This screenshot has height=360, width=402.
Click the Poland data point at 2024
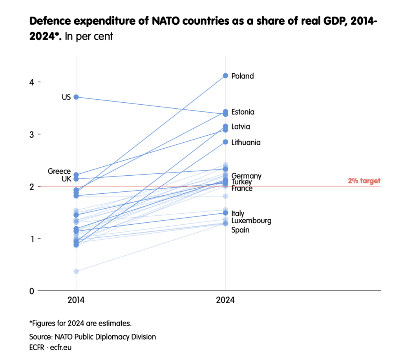pyautogui.click(x=225, y=76)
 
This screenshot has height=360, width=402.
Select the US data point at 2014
pyautogui.click(x=76, y=97)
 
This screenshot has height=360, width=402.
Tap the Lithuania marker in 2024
pyautogui.click(x=225, y=142)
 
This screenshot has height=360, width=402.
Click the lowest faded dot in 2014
pyautogui.click(x=76, y=271)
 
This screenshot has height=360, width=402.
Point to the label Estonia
pyautogui.click(x=243, y=112)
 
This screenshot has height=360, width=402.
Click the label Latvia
pyautogui.click(x=241, y=127)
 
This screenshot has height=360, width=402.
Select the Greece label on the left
pyautogui.click(x=59, y=171)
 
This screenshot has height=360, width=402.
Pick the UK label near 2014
pyautogui.click(x=66, y=179)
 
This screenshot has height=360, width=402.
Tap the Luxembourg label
pyautogui.click(x=251, y=221)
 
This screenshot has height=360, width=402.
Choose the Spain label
pyautogui.click(x=240, y=230)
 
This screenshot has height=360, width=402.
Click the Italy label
pyautogui.click(x=238, y=213)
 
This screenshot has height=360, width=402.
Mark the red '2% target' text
pyautogui.click(x=364, y=181)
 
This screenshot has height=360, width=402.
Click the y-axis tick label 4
pyautogui.click(x=32, y=82)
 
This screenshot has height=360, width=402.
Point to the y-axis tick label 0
pyautogui.click(x=32, y=291)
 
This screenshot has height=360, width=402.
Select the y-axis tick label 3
pyautogui.click(x=32, y=134)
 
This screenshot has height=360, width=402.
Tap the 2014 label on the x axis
pyautogui.click(x=76, y=300)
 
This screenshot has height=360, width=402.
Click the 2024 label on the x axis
pyautogui.click(x=225, y=300)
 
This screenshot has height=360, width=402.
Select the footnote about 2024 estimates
pyautogui.click(x=80, y=324)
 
